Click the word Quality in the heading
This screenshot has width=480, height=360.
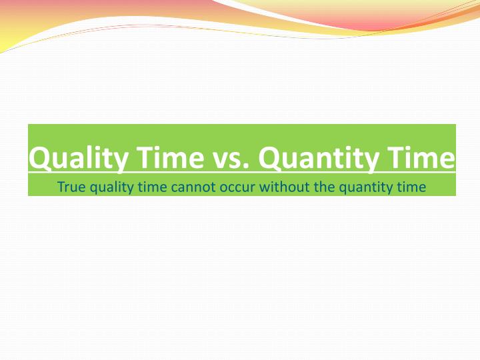[79, 158]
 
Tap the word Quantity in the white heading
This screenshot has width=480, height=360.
[319, 158]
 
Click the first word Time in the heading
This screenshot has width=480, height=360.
[170, 157]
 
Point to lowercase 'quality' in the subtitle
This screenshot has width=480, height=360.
[112, 187]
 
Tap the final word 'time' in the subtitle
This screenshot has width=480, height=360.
[411, 187]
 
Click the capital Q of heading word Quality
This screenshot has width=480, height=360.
[39, 158]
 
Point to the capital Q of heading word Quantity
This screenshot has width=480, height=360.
[269, 158]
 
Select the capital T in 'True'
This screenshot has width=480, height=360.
[61, 187]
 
